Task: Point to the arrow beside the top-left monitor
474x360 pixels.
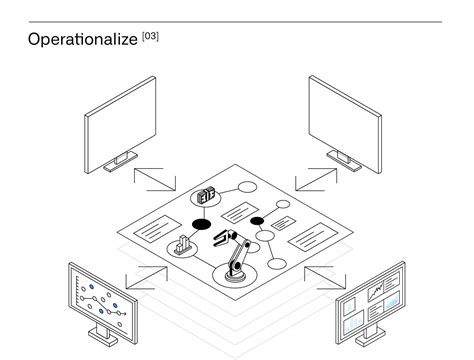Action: pyautogui.click(x=153, y=178)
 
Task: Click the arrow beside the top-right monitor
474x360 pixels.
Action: pyautogui.click(x=316, y=178)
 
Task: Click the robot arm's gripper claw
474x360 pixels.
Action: pyautogui.click(x=222, y=239)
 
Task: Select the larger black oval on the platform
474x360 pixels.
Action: pyautogui.click(x=201, y=224)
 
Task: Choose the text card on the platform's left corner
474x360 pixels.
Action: pyautogui.click(x=154, y=229)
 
